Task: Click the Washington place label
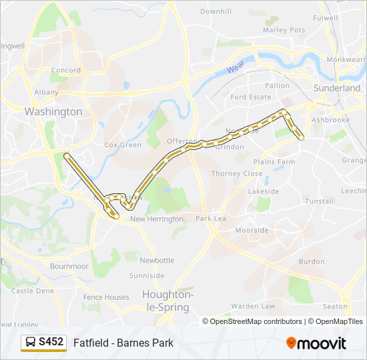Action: (x=53, y=111)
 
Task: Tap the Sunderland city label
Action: (x=337, y=88)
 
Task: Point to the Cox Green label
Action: (x=123, y=145)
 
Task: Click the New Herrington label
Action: (x=157, y=219)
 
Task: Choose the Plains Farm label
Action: (x=274, y=162)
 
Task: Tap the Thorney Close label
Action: (x=237, y=173)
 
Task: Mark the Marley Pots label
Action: (x=284, y=30)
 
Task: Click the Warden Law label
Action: (x=253, y=306)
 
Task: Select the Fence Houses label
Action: (x=106, y=297)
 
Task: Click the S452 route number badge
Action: (x=51, y=342)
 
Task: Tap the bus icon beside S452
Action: (x=31, y=343)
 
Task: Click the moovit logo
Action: (x=316, y=343)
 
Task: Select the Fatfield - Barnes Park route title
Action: (x=123, y=343)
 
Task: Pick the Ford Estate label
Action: (x=251, y=97)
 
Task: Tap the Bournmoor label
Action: (x=69, y=266)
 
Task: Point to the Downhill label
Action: (x=216, y=12)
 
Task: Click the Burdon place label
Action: (x=312, y=261)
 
